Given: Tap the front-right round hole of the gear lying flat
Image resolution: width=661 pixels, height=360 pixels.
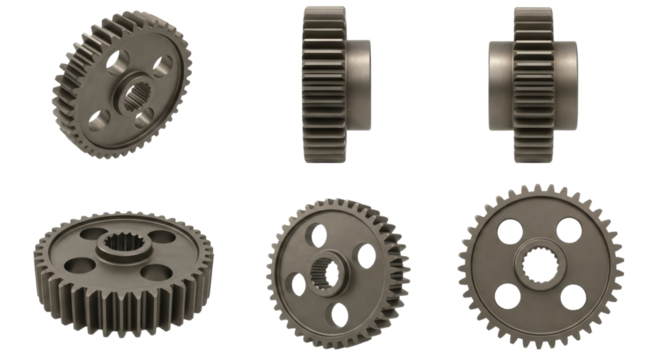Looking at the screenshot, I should [153, 273].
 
